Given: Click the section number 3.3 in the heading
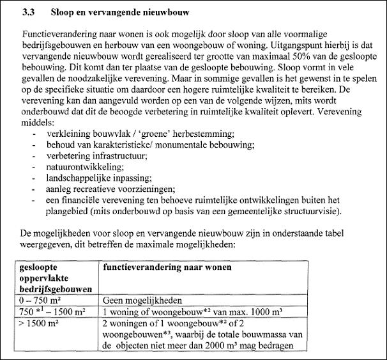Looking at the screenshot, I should coord(28,12).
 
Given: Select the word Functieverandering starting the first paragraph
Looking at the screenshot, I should coord(61,33).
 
